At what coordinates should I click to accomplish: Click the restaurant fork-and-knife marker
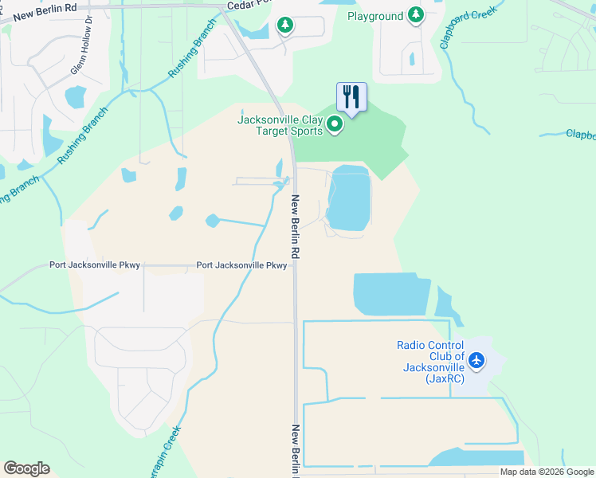click(x=351, y=97)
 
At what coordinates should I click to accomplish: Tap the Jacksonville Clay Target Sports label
click(x=280, y=126)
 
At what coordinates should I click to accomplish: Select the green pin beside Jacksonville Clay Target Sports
click(x=335, y=124)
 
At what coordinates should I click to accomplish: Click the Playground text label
click(x=375, y=16)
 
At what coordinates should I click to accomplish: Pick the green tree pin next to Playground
click(x=415, y=15)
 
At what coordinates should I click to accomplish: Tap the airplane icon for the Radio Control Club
click(x=476, y=360)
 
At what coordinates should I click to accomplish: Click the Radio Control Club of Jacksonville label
click(x=430, y=362)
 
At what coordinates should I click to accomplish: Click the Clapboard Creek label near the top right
click(x=468, y=26)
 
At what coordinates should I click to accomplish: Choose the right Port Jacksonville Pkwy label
click(x=241, y=265)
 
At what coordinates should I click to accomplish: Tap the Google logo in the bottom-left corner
click(x=26, y=468)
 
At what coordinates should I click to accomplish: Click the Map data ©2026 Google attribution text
click(x=547, y=472)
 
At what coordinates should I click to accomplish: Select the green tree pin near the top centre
click(x=285, y=25)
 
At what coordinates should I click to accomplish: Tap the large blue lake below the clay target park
click(x=350, y=198)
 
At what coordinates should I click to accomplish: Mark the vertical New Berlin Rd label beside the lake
click(x=295, y=227)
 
